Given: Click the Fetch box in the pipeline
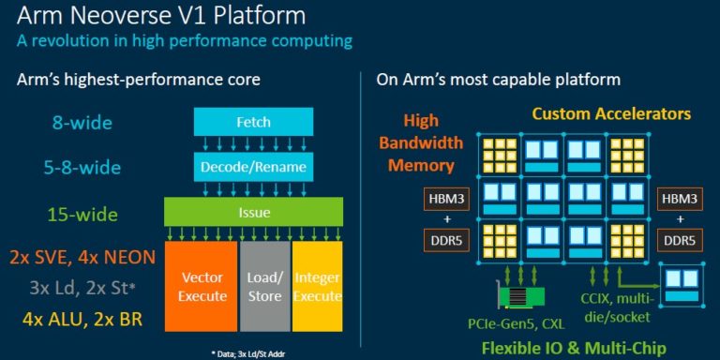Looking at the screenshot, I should click(239, 120).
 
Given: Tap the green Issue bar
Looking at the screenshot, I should click(239, 212).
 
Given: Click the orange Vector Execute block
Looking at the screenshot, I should click(202, 288).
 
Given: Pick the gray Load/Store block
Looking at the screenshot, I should click(265, 288).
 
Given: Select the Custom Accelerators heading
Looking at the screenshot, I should click(611, 113).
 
